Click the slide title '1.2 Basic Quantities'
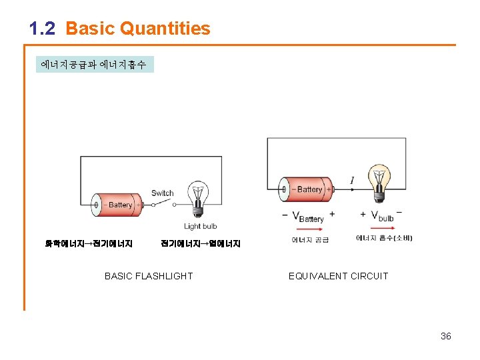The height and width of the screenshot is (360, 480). [x=120, y=29]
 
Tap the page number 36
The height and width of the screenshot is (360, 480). [x=446, y=336]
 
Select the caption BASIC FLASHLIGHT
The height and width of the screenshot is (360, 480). [x=149, y=276]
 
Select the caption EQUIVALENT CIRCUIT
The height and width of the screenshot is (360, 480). [x=338, y=276]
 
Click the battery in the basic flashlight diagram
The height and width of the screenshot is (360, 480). [x=117, y=205]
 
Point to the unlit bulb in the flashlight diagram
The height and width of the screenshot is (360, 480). [x=197, y=197]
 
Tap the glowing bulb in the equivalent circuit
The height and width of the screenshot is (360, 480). [x=379, y=181]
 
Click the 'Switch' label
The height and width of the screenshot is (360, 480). [x=162, y=193]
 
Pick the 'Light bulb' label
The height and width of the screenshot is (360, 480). [x=201, y=227]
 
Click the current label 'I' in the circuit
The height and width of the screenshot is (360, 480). [x=351, y=180]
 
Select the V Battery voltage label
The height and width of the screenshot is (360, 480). [x=308, y=217]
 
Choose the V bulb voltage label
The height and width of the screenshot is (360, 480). [x=382, y=216]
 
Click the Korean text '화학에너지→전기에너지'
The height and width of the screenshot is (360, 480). [x=89, y=244]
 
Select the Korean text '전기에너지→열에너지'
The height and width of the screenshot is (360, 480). [x=201, y=244]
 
